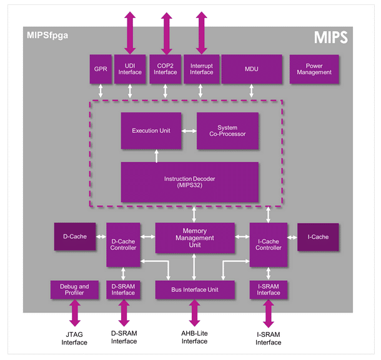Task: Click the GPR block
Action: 101,69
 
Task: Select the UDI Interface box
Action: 130,69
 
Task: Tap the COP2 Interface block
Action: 166,69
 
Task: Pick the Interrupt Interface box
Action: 201,69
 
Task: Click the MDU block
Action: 252,69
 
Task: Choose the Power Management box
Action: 314,69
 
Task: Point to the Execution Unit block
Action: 151,131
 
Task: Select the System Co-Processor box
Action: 227,131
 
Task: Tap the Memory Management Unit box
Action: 194,238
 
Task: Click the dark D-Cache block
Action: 74,236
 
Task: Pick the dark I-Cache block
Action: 318,237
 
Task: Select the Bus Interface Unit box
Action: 194,289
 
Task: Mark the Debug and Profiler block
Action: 75,289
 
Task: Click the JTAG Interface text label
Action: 74,338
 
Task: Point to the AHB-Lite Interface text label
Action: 194,337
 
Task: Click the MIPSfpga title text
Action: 47,36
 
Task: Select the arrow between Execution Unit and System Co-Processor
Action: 189,131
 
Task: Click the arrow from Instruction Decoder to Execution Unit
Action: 157,155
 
